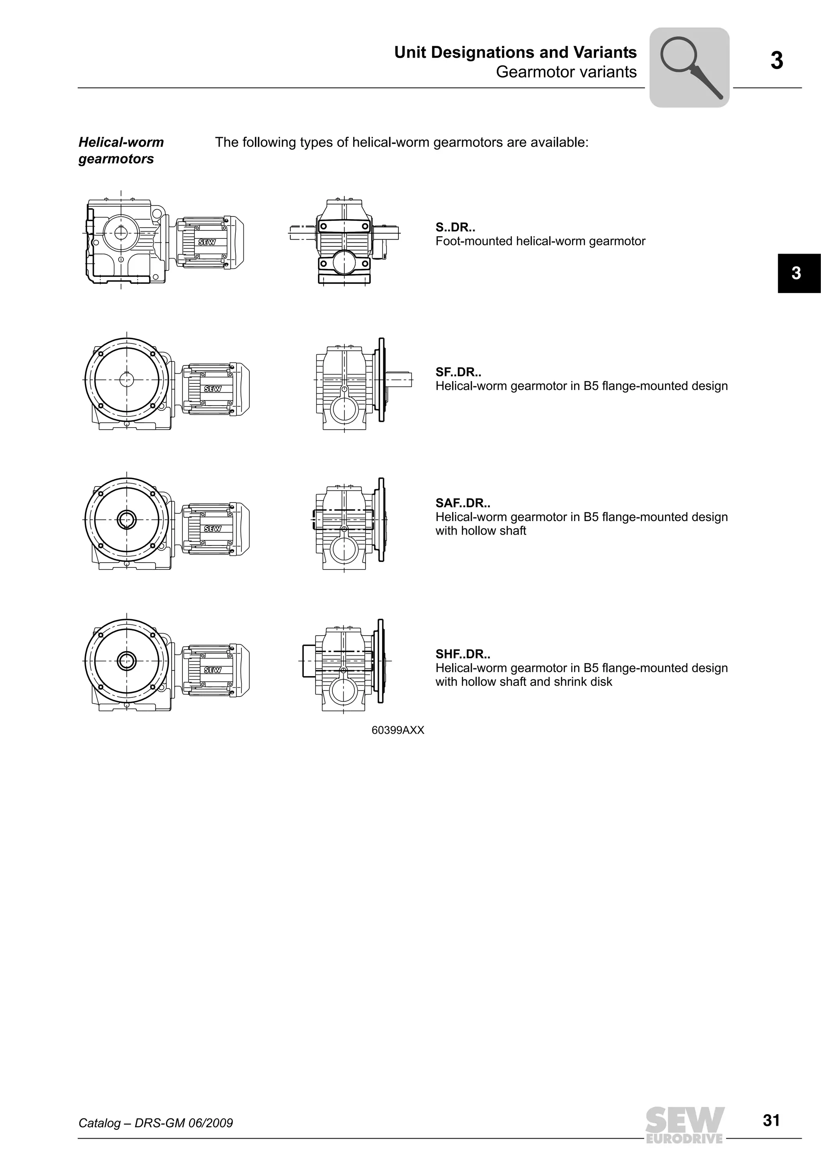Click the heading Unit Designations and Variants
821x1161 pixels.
tap(515, 52)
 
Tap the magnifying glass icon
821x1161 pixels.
tap(689, 67)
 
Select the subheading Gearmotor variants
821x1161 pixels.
tap(566, 72)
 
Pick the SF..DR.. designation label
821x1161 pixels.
tap(458, 372)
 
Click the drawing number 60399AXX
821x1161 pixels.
tap(398, 730)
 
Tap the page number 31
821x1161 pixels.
tap(771, 1121)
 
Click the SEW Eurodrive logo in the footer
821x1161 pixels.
tap(685, 1124)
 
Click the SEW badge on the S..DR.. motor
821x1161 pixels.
tap(207, 242)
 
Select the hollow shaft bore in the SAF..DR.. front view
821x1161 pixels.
tap(126, 519)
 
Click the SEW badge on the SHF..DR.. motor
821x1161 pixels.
tap(212, 670)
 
